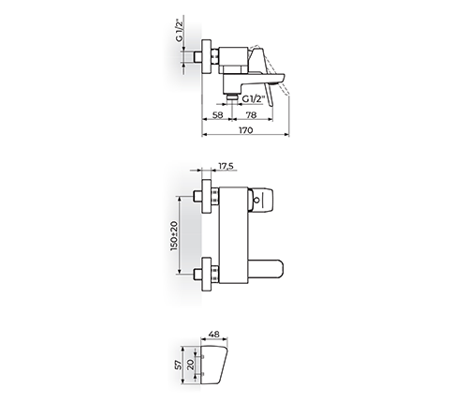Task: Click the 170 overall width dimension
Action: [246, 130]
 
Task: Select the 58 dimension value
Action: [217, 115]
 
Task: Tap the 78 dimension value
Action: [251, 115]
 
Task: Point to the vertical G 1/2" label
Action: [179, 30]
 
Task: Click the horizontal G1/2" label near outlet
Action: [254, 99]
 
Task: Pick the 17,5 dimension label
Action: [226, 166]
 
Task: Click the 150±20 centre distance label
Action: [174, 236]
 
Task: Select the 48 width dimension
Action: [213, 335]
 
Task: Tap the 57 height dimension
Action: [178, 365]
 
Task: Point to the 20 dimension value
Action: [191, 365]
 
